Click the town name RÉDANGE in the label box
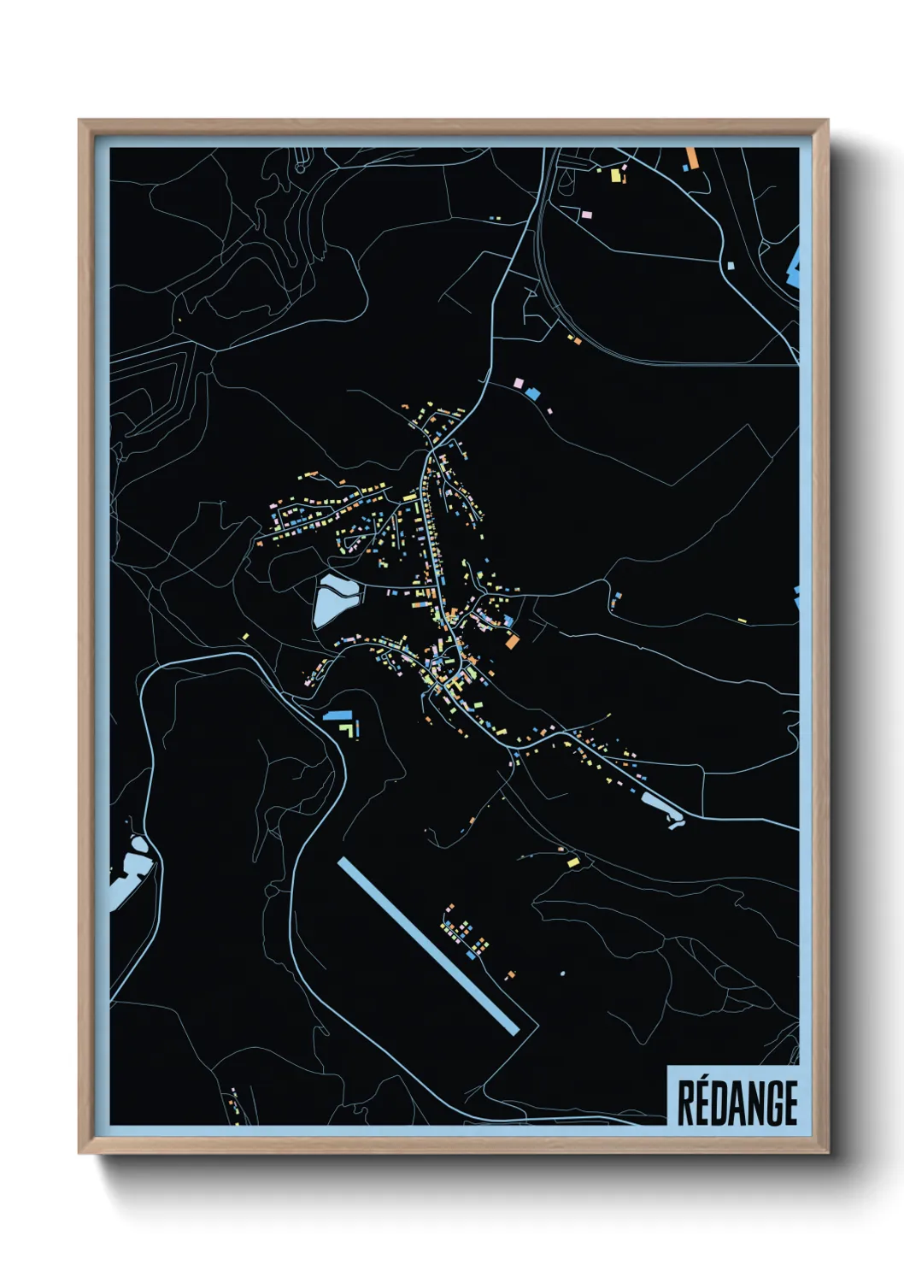pos(737,1103)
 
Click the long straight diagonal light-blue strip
pos(427,946)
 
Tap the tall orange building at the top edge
pos(691,158)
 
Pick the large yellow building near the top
pos(615,175)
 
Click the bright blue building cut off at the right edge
pos(795,267)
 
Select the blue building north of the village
pos(534,393)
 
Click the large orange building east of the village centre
pos(512,641)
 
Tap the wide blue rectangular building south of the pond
pos(336,715)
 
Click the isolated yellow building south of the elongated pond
pos(572,862)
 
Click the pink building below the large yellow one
pos(587,213)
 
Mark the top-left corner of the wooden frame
pos(79,121)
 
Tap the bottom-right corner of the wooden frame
pos(827,1152)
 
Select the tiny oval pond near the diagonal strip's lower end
pos(562,973)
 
